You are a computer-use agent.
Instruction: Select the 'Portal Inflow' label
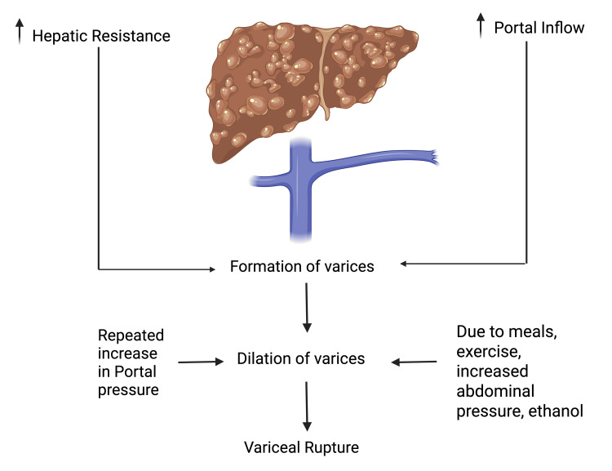[539, 29]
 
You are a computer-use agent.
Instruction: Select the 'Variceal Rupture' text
[301, 447]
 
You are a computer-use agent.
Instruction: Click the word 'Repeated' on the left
[131, 335]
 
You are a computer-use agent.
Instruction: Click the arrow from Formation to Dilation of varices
[307, 308]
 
